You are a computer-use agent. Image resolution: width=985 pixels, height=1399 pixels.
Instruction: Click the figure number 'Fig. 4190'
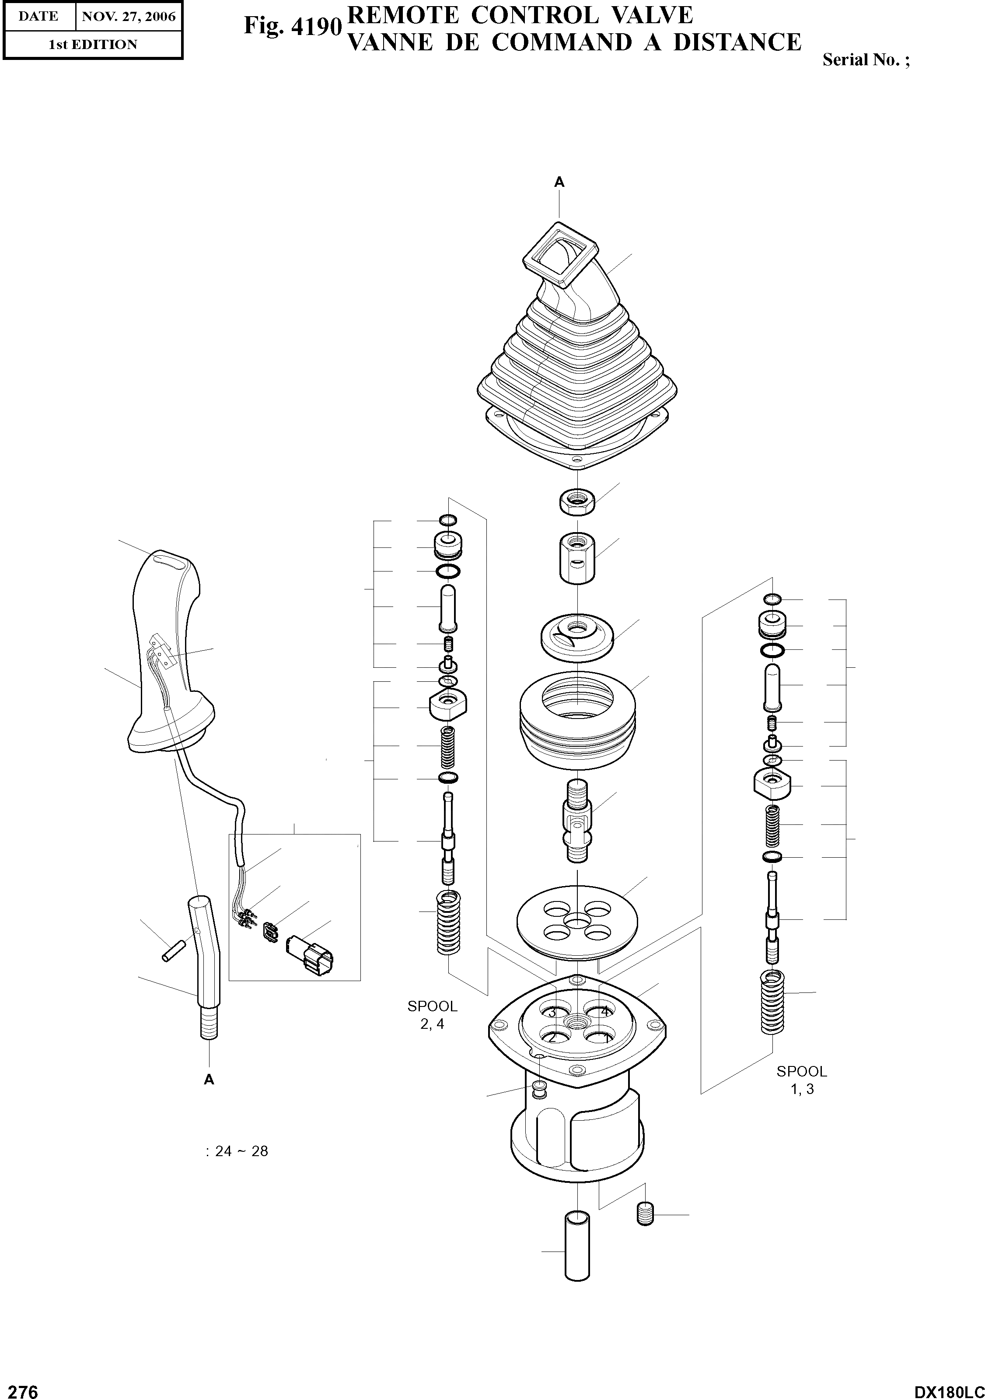(x=292, y=25)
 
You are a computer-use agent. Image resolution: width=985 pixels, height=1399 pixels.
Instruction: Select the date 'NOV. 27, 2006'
(x=129, y=17)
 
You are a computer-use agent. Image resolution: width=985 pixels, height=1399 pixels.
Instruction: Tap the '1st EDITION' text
(x=93, y=45)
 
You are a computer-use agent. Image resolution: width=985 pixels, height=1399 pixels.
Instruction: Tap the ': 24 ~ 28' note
(x=237, y=1151)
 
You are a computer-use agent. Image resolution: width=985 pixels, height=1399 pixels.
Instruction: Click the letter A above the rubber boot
(x=559, y=182)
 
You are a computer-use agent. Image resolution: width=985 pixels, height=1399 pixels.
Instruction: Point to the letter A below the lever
(x=209, y=1080)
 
